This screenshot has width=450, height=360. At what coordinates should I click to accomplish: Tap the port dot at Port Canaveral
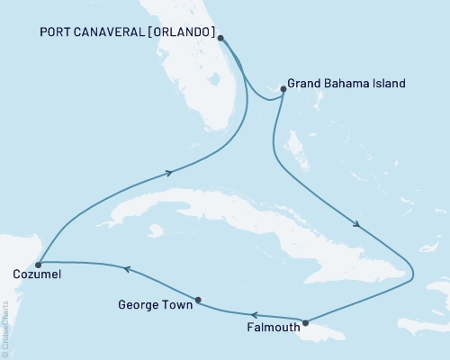pos(221,39)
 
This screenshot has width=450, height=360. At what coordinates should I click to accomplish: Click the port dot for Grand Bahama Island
pos(283,89)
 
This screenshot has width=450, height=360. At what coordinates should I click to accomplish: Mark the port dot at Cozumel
pos(38,265)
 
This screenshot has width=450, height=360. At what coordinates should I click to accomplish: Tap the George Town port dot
pos(198,300)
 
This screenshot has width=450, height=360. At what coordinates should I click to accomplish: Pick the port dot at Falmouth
pos(306,322)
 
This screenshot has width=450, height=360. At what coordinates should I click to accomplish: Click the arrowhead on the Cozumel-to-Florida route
pos(169,175)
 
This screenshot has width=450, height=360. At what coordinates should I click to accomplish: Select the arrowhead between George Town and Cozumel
pos(127,268)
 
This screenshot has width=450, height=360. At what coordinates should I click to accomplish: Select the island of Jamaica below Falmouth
pos(328,335)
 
